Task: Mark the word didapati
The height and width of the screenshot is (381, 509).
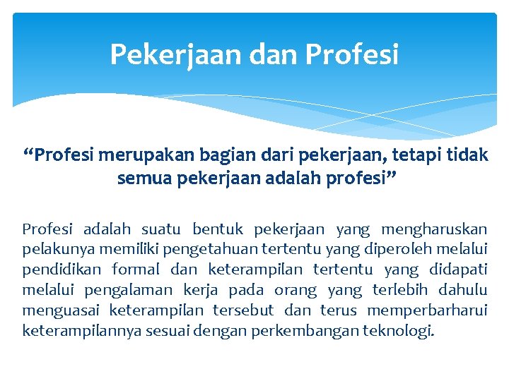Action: (x=458, y=270)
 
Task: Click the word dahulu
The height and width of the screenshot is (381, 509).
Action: (x=463, y=290)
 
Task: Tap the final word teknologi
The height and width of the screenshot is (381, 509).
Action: (x=397, y=331)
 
